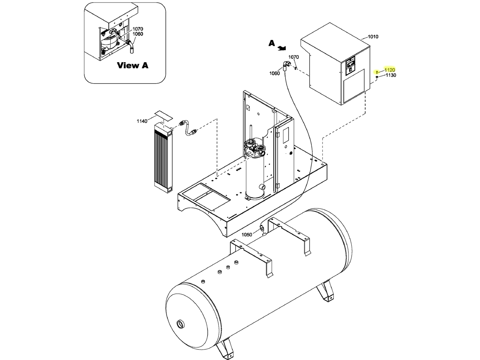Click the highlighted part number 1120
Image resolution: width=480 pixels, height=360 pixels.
389,70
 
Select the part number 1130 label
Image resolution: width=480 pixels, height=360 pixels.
391,75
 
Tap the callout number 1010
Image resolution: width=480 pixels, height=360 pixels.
373,36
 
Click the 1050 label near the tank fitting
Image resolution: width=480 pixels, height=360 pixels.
247,235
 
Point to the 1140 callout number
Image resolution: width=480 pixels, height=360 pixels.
142,121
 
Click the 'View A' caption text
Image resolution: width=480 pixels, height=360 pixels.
132,65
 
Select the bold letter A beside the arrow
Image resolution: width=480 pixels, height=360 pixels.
272,43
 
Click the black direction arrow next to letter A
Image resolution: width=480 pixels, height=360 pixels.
282,48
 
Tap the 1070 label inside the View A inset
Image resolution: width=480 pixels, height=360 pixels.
137,29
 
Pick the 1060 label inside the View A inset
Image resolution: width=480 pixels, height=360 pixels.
137,34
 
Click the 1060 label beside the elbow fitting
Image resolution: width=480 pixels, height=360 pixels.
274,73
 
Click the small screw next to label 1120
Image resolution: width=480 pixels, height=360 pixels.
377,72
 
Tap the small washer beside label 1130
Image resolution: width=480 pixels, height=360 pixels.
377,77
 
